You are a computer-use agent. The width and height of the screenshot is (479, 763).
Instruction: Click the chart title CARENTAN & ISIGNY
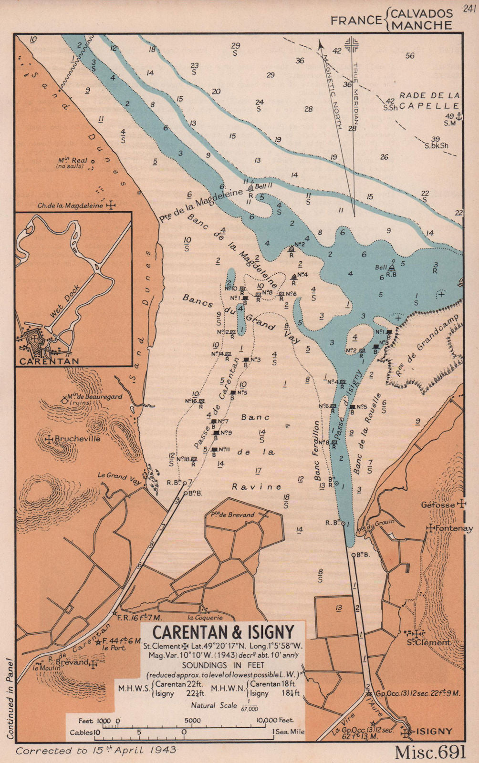(223, 631)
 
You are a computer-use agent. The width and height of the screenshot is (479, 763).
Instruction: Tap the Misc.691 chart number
(430, 752)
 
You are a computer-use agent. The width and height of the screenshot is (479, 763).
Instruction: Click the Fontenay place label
(455, 528)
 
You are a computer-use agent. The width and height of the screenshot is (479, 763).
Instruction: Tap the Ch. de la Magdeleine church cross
(111, 205)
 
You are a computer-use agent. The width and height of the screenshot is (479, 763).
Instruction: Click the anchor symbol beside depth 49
(459, 116)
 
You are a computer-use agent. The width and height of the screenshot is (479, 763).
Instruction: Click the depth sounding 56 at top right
(409, 56)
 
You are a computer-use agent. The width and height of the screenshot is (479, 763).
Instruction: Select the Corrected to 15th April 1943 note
(96, 750)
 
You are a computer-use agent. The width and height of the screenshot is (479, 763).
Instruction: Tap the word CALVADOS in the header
(421, 13)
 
